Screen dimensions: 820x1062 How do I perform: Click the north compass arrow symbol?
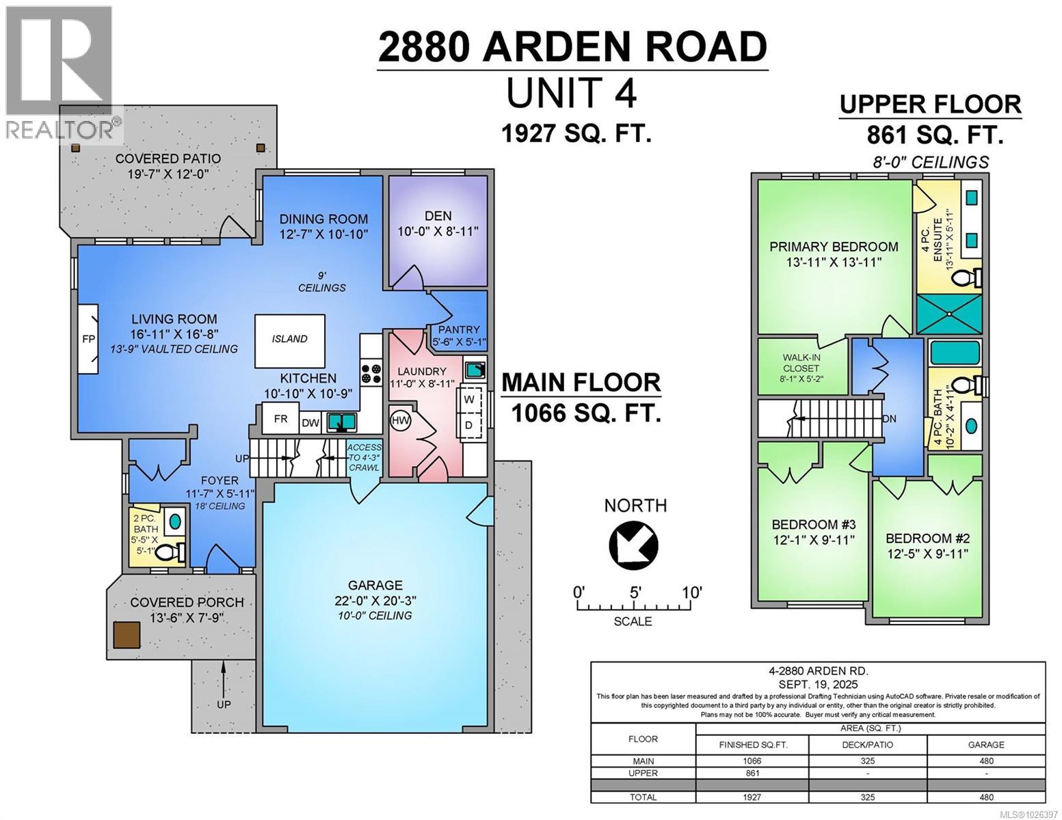tap(633, 544)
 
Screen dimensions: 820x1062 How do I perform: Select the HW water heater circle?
tap(400, 420)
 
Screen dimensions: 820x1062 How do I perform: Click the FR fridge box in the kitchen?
tap(280, 420)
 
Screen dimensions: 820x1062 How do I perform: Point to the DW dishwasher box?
tap(310, 423)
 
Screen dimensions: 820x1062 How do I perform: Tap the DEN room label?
tap(438, 216)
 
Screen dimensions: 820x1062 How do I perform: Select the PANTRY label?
tap(460, 329)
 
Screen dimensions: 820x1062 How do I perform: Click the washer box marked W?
tap(470, 398)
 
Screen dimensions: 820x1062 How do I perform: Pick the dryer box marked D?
tap(470, 425)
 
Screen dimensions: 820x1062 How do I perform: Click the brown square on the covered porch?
tap(127, 635)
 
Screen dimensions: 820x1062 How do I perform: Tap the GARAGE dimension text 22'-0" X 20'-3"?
tap(375, 600)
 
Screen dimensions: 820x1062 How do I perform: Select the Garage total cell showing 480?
tap(985, 797)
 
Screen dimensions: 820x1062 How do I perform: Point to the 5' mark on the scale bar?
tap(635, 592)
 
